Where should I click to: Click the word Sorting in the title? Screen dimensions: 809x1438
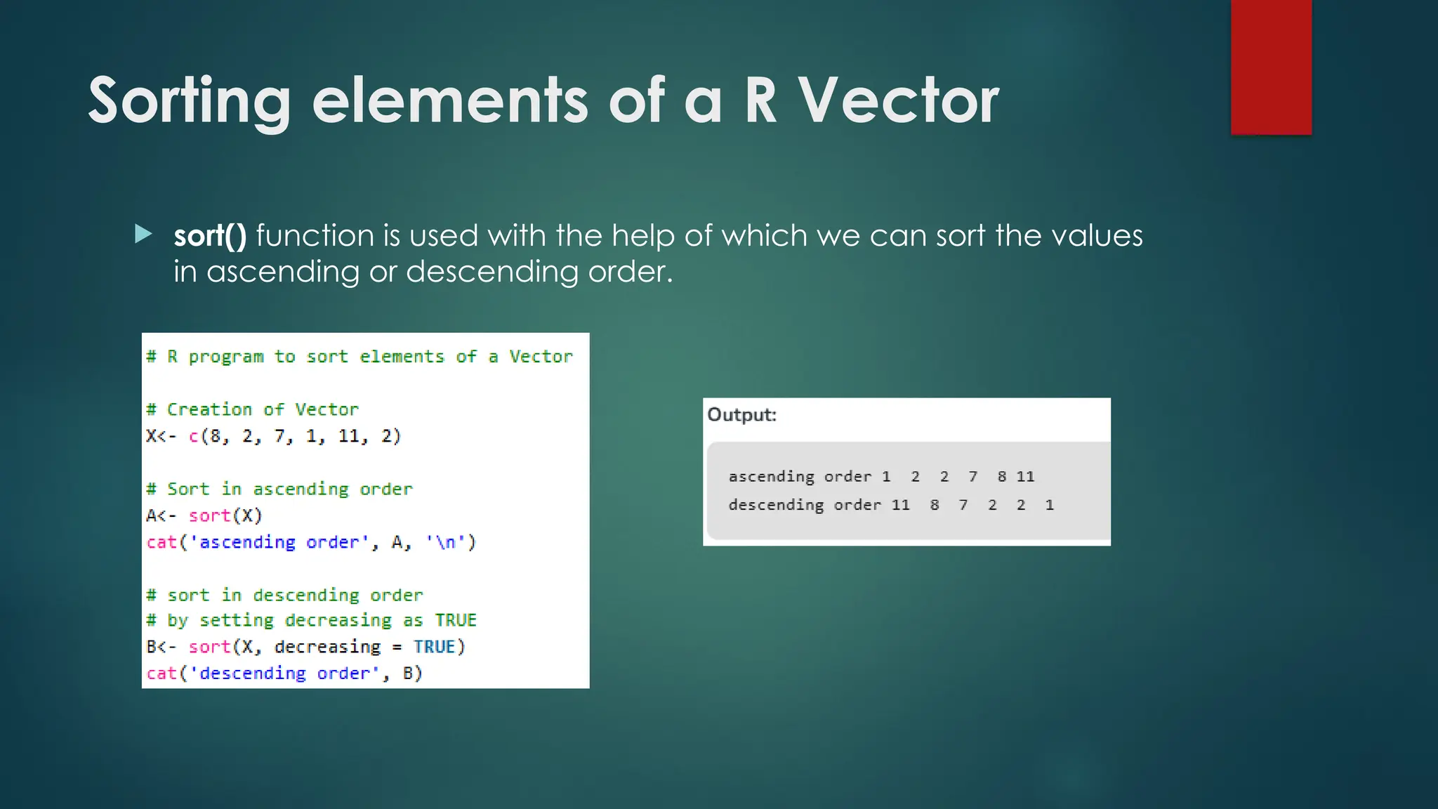tap(189, 101)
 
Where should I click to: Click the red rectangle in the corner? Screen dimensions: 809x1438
tap(1271, 67)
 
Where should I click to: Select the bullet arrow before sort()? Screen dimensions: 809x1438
tap(143, 234)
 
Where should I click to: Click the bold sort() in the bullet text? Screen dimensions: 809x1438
tap(210, 235)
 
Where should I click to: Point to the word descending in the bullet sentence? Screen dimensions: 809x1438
tap(492, 272)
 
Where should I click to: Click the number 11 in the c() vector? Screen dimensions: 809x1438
tap(349, 436)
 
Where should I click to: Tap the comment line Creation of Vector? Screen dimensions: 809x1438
tap(253, 409)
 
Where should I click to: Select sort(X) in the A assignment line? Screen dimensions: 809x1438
tap(225, 515)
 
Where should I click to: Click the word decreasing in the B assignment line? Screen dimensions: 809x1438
tap(327, 647)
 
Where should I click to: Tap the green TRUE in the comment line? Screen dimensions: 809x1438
tap(455, 620)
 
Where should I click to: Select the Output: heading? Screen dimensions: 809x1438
tap(741, 415)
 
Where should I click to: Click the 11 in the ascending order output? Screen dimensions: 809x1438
tap(1025, 477)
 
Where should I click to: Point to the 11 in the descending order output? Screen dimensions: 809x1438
tap(900, 505)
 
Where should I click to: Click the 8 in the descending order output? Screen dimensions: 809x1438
tap(935, 505)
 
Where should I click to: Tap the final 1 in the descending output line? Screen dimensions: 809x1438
tap(1049, 505)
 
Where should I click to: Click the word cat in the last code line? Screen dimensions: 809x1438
tap(161, 673)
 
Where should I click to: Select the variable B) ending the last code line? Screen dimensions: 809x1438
tap(412, 673)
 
